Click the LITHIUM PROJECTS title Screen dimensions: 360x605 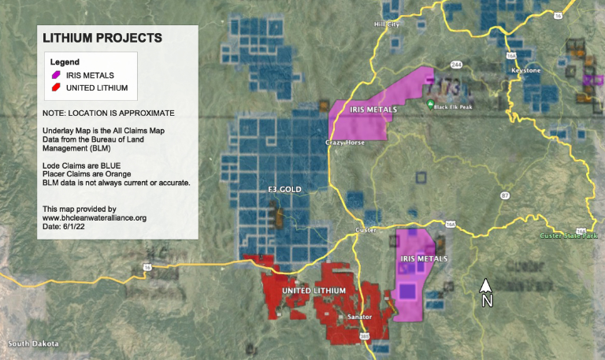(x=102, y=37)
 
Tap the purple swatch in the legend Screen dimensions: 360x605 (x=57, y=75)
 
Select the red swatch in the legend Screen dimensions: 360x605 (x=57, y=87)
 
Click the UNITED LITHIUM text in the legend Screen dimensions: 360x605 (x=97, y=87)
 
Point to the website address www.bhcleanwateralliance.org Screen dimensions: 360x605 (x=95, y=217)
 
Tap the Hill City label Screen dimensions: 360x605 (x=387, y=24)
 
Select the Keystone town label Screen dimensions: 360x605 (x=526, y=71)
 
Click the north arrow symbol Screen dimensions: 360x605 (x=487, y=292)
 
